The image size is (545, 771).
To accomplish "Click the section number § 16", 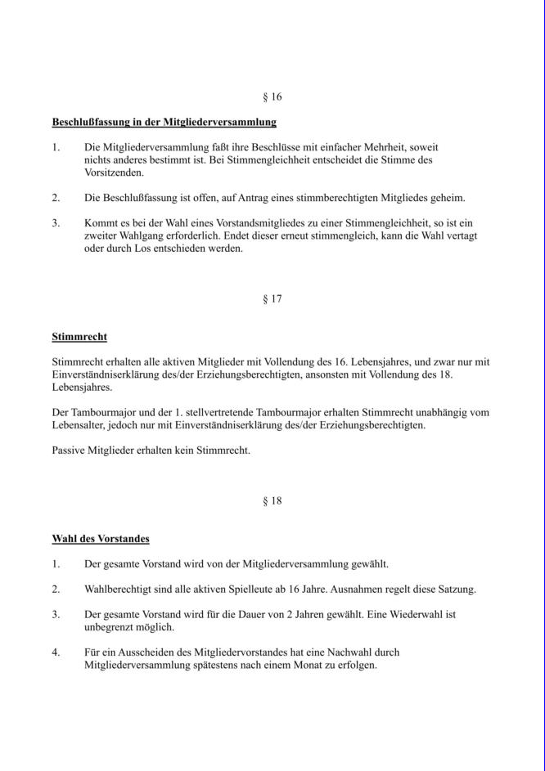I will point(272,97).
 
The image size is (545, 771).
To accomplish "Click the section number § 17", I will point(272,299).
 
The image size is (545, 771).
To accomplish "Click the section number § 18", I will point(272,501).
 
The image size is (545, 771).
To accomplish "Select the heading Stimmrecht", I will point(79,337).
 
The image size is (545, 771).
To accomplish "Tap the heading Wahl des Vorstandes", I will point(101,539).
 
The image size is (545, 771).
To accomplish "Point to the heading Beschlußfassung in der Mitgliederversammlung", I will point(164,123).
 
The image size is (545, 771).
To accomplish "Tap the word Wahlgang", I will point(139,235).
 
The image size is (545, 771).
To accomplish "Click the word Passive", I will point(70,450).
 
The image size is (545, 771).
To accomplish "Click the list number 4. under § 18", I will point(56,652).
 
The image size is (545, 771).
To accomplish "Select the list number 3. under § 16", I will point(56,222).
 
